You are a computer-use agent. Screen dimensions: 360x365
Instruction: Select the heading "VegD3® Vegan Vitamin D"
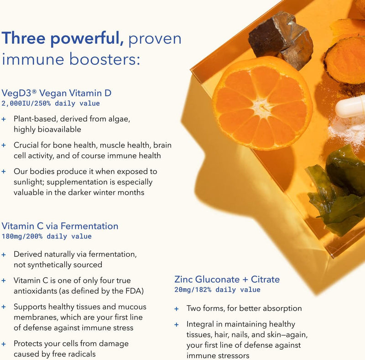coord(57,93)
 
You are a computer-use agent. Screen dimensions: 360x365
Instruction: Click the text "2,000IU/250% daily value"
coord(51,103)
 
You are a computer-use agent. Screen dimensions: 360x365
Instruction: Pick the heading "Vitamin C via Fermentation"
coord(60,226)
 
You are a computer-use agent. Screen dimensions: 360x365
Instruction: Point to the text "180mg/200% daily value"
coord(47,236)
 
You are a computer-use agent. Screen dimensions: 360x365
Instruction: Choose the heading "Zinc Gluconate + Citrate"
coord(227,279)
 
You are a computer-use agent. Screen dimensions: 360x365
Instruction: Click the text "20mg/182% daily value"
coord(217,290)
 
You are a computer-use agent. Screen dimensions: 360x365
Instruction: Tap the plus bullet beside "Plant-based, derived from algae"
coord(4,119)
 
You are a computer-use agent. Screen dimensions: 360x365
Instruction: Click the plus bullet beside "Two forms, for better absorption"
coord(177,309)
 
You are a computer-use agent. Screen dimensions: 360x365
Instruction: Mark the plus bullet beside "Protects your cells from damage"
coord(4,344)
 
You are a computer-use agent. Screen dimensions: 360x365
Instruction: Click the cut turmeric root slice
coord(345,60)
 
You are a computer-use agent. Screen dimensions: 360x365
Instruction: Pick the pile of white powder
coord(348,130)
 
